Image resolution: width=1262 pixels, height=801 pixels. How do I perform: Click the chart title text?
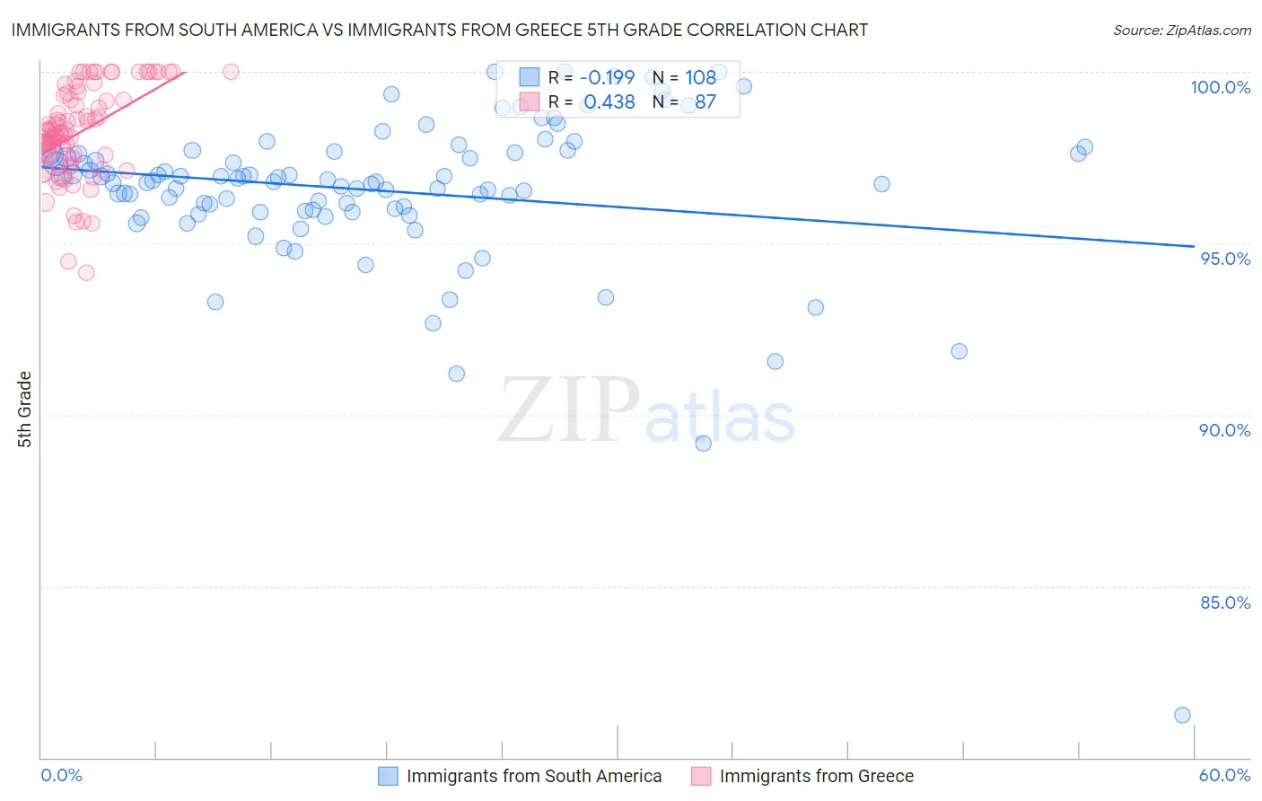click(439, 30)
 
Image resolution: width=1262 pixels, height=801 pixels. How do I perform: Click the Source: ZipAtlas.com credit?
click(1181, 30)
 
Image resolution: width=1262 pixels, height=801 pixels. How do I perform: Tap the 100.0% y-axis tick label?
click(1220, 87)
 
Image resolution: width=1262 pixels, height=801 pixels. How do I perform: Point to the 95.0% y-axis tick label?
click(1225, 259)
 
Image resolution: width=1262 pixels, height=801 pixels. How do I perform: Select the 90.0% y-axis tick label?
click(1224, 430)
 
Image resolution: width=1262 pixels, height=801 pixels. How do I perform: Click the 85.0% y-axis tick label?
click(1225, 603)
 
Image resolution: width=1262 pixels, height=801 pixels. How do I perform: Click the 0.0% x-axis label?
click(61, 775)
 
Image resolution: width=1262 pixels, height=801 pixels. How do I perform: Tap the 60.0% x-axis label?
click(1224, 775)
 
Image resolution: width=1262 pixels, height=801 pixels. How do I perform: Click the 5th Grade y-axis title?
click(25, 409)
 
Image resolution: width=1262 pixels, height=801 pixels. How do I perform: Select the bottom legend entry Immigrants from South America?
click(533, 776)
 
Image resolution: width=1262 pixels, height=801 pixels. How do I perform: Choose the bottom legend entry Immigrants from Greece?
click(816, 776)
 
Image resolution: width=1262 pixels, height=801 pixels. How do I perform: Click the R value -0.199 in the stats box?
click(607, 77)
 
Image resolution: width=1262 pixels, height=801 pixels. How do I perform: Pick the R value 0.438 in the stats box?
click(609, 102)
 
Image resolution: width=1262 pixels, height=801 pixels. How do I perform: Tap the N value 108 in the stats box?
click(700, 77)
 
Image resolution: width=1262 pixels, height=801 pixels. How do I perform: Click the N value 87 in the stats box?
click(705, 102)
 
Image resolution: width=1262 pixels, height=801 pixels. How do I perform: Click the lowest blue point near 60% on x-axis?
click(1182, 715)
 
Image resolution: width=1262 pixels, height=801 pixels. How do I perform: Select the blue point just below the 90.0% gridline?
click(703, 444)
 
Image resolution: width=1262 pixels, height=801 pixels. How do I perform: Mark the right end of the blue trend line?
click(1194, 246)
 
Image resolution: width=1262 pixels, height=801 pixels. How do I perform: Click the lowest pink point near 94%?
click(86, 273)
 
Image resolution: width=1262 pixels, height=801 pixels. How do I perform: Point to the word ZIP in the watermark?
click(569, 410)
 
